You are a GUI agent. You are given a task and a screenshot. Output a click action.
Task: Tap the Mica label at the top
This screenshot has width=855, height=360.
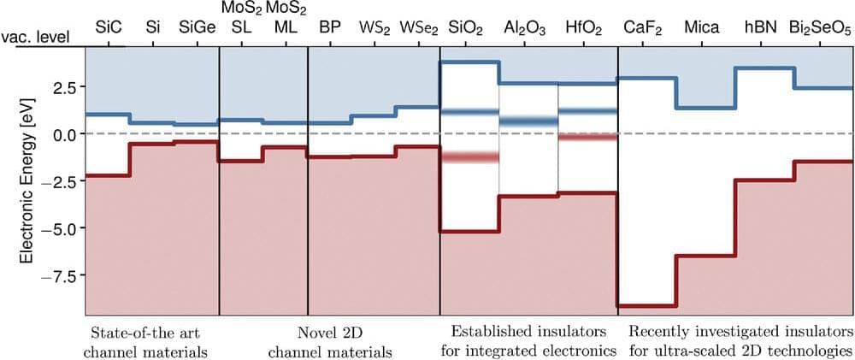pyautogui.click(x=705, y=28)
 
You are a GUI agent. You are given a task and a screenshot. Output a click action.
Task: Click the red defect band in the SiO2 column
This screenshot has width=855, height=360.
pyautogui.click(x=469, y=157)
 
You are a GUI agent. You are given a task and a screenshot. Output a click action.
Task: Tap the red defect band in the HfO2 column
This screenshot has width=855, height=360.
pyautogui.click(x=587, y=137)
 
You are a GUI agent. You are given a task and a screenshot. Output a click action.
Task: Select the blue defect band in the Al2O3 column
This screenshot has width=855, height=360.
pyautogui.click(x=528, y=121)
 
